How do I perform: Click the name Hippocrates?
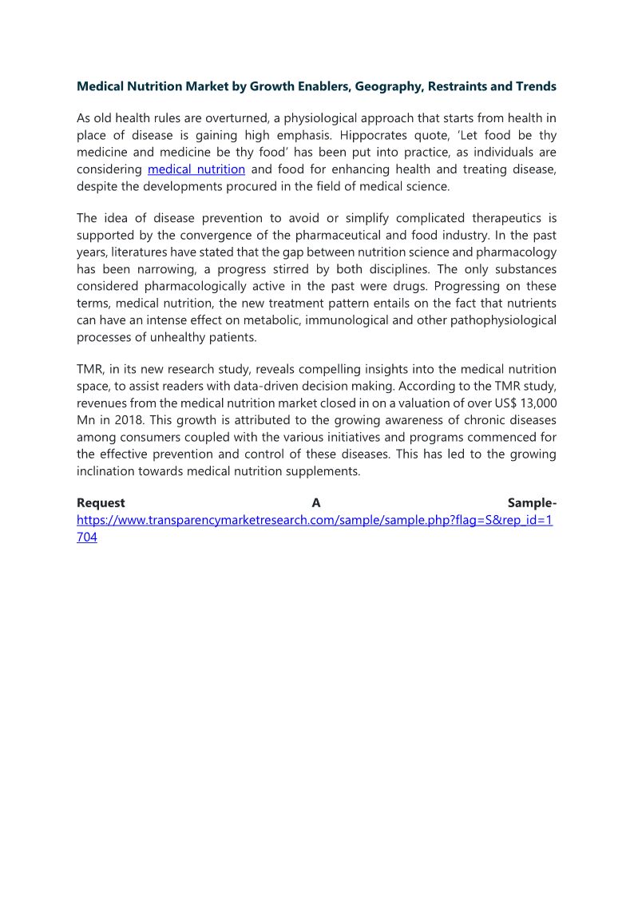[377, 135]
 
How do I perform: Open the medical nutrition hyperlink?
[196, 169]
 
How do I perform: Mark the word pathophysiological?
[501, 320]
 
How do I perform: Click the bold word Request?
[101, 503]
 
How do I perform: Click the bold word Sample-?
[532, 503]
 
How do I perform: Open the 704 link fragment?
[87, 538]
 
